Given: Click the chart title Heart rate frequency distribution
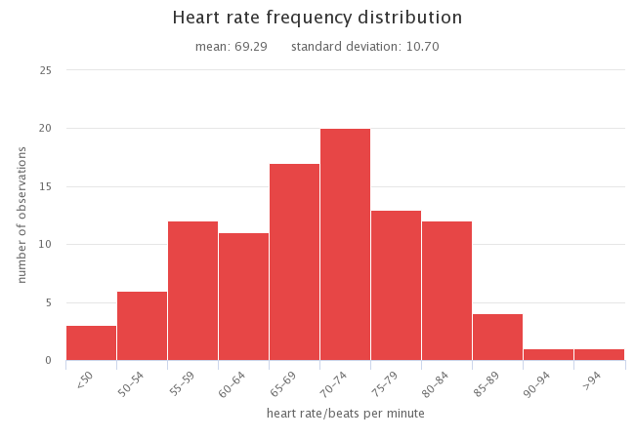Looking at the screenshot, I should point(317,18).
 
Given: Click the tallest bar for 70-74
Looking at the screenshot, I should point(345,244).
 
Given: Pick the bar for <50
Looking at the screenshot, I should point(91,342).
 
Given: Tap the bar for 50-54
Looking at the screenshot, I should point(142,326).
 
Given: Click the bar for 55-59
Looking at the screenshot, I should point(192,291).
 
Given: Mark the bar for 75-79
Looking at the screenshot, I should point(396,285).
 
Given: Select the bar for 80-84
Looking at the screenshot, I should point(446,291).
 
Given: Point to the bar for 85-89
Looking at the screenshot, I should point(497,337).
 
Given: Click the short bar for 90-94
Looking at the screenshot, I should point(548,354).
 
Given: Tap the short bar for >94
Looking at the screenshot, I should point(599,354).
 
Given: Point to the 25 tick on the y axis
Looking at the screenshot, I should point(46,70).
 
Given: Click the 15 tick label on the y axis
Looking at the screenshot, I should point(46,186).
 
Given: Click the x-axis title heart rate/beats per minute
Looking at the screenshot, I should point(346,414).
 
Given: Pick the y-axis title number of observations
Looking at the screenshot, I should point(21,215).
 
